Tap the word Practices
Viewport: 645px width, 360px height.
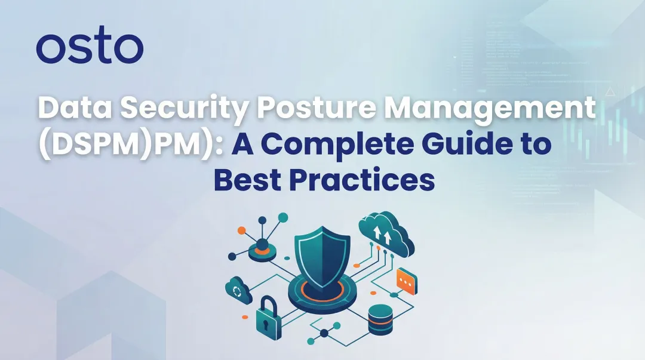click(x=366, y=180)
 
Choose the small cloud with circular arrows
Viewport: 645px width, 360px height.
click(x=238, y=291)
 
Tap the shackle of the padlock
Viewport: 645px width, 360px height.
click(x=267, y=303)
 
